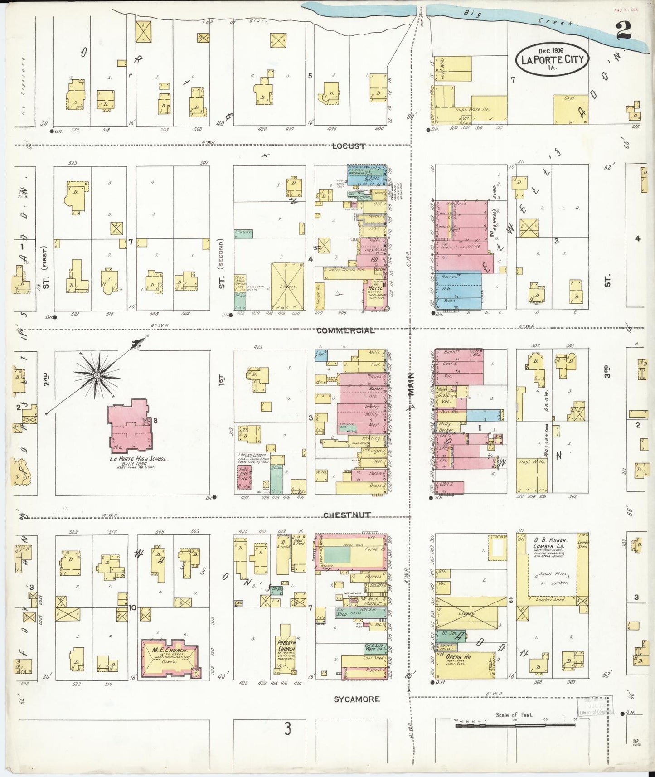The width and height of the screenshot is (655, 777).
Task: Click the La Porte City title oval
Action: (x=552, y=59)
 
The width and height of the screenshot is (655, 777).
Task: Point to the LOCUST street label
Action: (x=349, y=146)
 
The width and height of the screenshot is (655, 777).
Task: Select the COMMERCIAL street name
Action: (x=345, y=330)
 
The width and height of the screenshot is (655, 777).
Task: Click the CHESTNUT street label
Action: (x=347, y=515)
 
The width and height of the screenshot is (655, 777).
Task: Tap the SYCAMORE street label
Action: (x=357, y=699)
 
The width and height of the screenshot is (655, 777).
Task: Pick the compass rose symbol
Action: (x=97, y=375)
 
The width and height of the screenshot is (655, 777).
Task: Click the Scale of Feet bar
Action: (x=515, y=725)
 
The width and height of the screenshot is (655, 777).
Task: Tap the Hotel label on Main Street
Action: (x=374, y=288)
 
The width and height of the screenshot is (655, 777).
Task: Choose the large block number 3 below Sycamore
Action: (x=287, y=729)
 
